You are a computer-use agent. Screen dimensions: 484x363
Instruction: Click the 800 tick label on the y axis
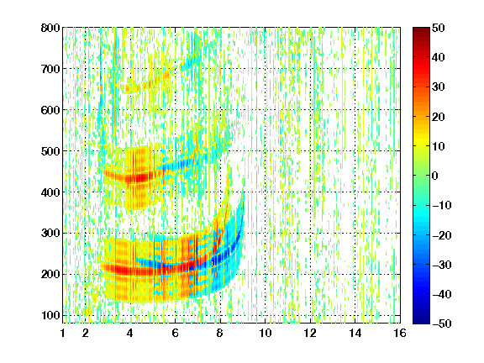click(50, 28)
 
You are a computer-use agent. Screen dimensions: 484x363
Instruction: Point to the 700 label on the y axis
click(50, 69)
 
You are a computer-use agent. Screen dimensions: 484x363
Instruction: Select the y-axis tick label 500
click(50, 151)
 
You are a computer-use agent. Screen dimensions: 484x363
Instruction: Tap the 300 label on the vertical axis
click(50, 234)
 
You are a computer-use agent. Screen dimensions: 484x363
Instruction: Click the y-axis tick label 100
click(50, 315)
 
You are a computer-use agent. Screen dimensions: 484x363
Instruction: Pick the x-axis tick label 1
click(63, 333)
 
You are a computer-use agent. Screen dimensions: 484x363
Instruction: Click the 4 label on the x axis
click(130, 333)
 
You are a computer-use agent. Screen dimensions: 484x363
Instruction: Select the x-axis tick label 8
click(220, 333)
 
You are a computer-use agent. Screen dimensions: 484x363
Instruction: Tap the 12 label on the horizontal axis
click(310, 333)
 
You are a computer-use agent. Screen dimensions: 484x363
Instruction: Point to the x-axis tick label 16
click(400, 333)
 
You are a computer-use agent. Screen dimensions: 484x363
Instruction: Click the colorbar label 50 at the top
click(439, 28)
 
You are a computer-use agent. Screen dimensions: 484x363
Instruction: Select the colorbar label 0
click(435, 176)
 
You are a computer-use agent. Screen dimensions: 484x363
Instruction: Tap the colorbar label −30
click(442, 265)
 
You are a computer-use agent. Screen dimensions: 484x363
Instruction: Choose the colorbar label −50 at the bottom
click(442, 324)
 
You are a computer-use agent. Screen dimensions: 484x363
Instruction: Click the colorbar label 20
click(439, 117)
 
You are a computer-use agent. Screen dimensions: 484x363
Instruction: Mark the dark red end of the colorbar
click(421, 29)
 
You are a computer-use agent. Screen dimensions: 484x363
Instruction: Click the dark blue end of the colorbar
click(421, 323)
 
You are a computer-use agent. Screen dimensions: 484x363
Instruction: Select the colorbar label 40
click(439, 57)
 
